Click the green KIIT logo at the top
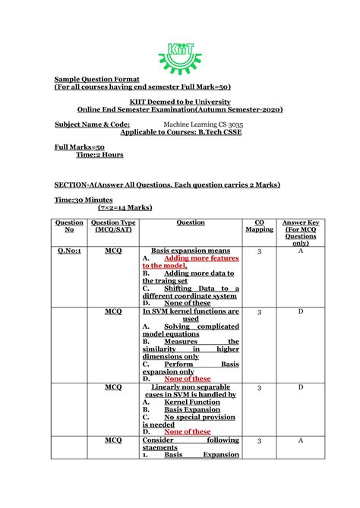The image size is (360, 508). point(179,55)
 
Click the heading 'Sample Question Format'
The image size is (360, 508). point(96,78)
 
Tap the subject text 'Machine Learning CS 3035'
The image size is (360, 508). point(204,123)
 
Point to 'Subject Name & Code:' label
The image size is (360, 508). point(91,123)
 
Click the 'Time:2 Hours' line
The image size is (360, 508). point(99,154)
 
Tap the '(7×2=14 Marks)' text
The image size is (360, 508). point(125,207)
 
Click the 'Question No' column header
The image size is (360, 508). point(69,226)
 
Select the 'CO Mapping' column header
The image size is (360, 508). point(259,226)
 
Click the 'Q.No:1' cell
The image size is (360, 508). point(69,250)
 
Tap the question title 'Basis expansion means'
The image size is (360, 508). point(191,250)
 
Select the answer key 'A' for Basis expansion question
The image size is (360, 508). point(300,250)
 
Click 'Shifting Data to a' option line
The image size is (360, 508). point(201,289)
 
